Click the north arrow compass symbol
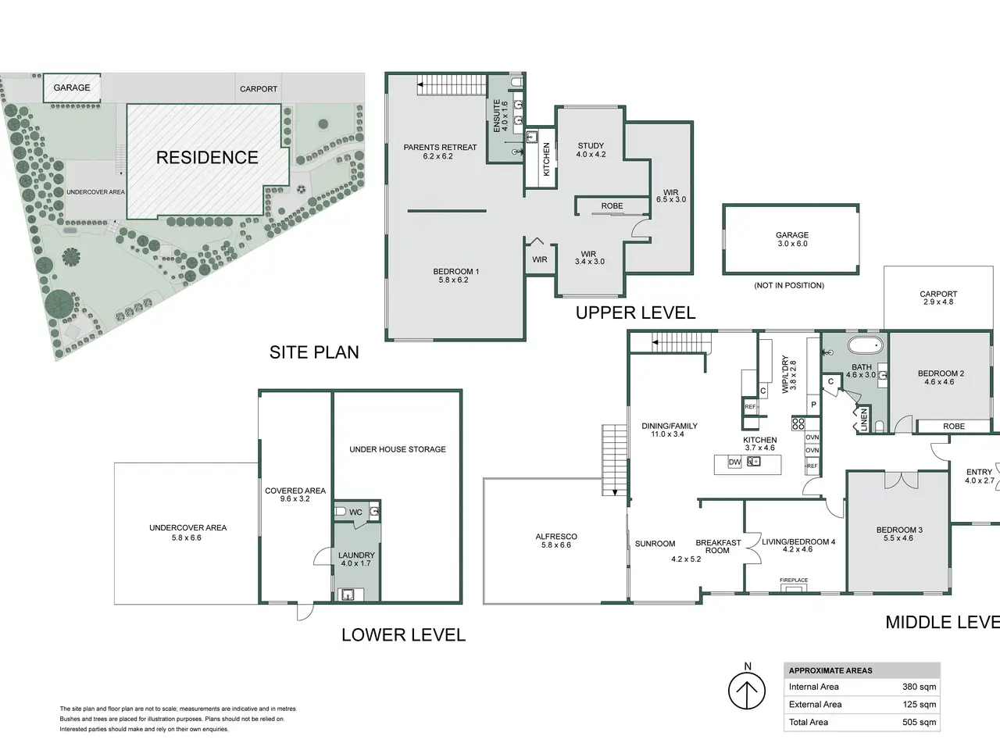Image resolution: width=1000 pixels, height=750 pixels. (747, 691)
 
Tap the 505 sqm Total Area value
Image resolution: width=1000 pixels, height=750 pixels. (919, 722)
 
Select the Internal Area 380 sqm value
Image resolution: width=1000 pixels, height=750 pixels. (919, 687)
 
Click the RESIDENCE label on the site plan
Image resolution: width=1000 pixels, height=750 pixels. (207, 158)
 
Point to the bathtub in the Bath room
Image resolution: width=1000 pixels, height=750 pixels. (865, 345)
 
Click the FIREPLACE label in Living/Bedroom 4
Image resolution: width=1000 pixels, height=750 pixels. (794, 580)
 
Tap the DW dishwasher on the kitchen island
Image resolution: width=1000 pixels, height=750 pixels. (734, 462)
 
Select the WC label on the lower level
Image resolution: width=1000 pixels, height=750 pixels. (355, 512)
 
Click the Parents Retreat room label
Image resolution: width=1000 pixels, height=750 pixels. (440, 148)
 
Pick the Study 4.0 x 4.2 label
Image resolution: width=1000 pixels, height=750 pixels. (591, 150)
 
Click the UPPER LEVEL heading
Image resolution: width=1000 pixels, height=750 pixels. (635, 312)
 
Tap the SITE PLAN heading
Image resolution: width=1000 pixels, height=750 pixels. (314, 352)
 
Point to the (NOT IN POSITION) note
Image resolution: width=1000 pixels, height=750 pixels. (789, 285)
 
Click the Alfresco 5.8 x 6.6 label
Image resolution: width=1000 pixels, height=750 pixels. (556, 541)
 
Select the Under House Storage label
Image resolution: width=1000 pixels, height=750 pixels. (398, 449)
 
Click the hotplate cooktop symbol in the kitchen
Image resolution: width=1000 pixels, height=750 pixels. (798, 424)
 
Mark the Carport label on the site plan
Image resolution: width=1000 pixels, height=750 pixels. (259, 89)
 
